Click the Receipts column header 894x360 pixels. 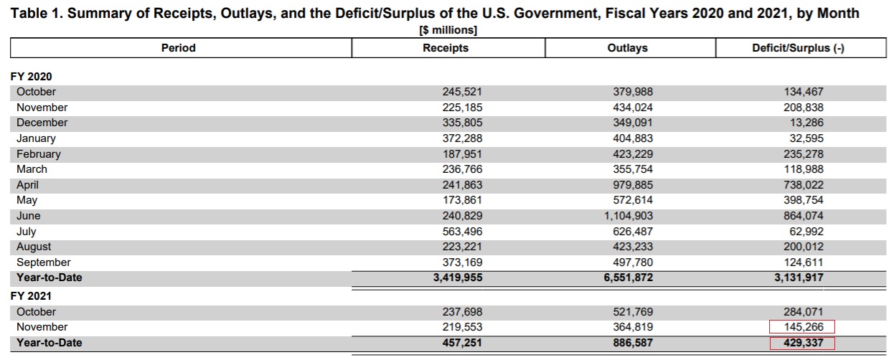pyautogui.click(x=446, y=48)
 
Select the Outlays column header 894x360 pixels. pyautogui.click(x=627, y=48)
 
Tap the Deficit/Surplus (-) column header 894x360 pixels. pyautogui.click(x=798, y=48)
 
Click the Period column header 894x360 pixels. pyautogui.click(x=179, y=48)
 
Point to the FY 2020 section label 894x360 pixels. pyautogui.click(x=31, y=76)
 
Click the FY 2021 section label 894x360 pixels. pyautogui.click(x=31, y=295)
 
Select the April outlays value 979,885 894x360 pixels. pyautogui.click(x=633, y=185)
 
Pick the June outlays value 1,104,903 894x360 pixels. pyautogui.click(x=629, y=216)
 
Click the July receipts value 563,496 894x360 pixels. pyautogui.click(x=462, y=232)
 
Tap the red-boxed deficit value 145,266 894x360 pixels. pyautogui.click(x=804, y=327)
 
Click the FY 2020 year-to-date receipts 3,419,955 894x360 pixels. pyautogui.click(x=458, y=278)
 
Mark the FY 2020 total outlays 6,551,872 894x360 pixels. pyautogui.click(x=629, y=278)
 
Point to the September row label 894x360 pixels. pyautogui.click(x=44, y=262)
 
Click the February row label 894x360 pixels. pyautogui.click(x=39, y=154)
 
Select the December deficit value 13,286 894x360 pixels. pyautogui.click(x=806, y=123)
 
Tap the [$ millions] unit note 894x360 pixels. pyautogui.click(x=448, y=30)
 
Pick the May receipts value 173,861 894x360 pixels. pyautogui.click(x=462, y=200)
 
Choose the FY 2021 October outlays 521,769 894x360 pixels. pyautogui.click(x=633, y=312)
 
